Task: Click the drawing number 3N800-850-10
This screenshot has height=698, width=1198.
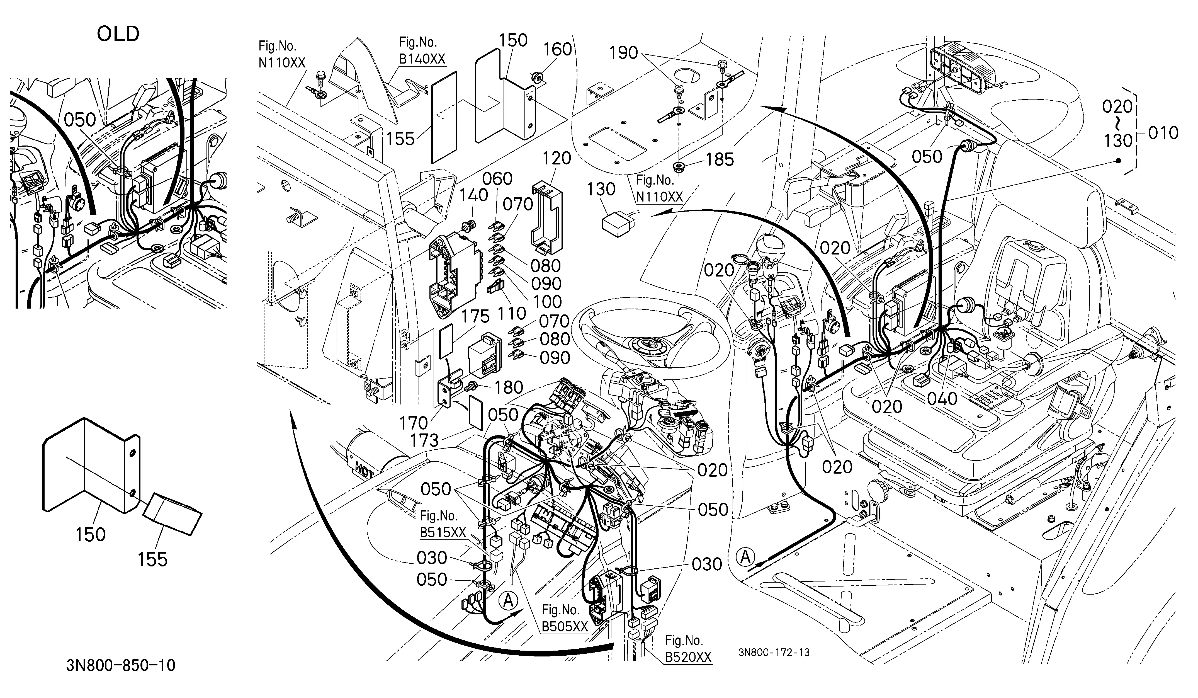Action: (x=121, y=665)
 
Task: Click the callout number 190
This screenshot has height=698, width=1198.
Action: (x=624, y=53)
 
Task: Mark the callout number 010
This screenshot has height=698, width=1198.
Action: (x=1163, y=133)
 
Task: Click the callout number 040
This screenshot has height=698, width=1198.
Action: (x=942, y=398)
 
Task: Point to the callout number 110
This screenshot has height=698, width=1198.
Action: (x=512, y=313)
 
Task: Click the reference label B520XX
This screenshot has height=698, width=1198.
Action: (x=688, y=657)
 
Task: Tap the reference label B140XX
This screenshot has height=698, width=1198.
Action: (x=422, y=59)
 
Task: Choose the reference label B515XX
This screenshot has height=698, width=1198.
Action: (x=443, y=532)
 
